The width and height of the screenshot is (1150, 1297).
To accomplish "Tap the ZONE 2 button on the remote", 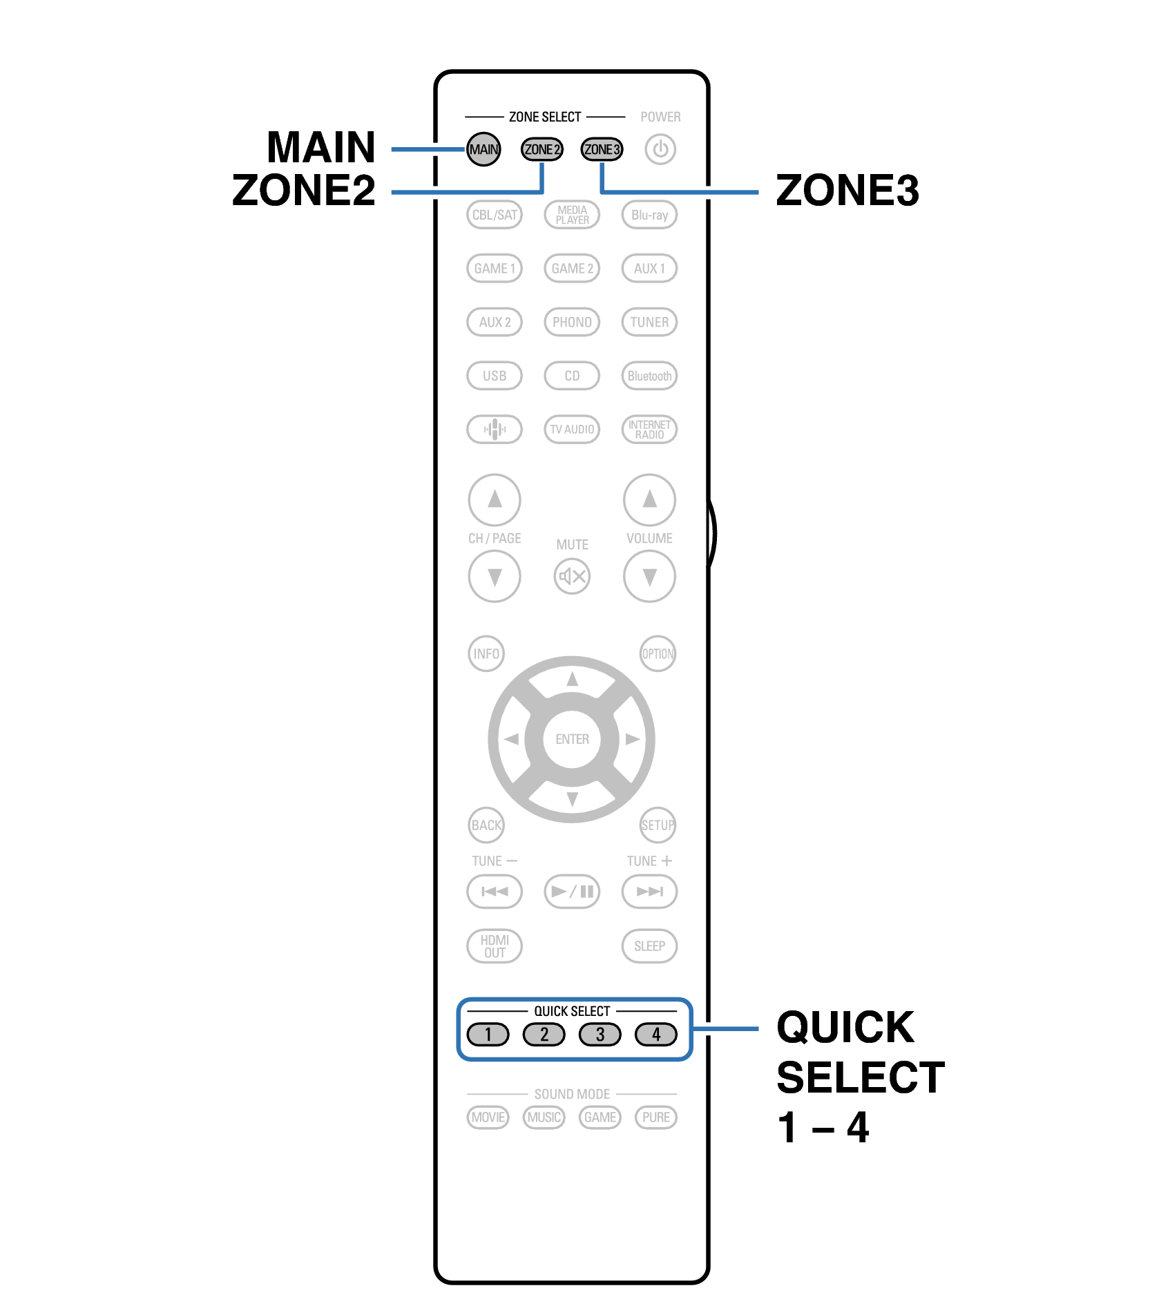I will click(x=542, y=149).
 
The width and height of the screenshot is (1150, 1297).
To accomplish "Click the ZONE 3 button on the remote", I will click(x=602, y=149).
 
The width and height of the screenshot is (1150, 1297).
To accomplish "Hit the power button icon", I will click(x=660, y=149).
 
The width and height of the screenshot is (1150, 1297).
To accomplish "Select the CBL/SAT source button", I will click(x=495, y=215).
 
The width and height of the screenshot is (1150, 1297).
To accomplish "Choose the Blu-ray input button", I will click(x=649, y=215).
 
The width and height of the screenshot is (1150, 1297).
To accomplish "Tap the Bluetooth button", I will click(x=649, y=376).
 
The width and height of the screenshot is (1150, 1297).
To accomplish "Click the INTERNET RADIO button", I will click(x=649, y=430).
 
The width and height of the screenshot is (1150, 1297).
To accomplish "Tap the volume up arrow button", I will click(x=649, y=499).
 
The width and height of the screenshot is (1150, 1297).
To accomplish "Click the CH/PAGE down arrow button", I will click(x=495, y=577).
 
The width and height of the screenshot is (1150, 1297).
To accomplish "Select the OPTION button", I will click(x=658, y=654).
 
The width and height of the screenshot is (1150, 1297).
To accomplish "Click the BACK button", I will click(x=486, y=825).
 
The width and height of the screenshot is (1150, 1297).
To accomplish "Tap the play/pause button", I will click(x=572, y=892).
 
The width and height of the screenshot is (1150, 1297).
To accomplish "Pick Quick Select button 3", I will click(x=600, y=1035).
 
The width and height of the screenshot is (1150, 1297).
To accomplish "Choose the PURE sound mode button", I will click(x=656, y=1117).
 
